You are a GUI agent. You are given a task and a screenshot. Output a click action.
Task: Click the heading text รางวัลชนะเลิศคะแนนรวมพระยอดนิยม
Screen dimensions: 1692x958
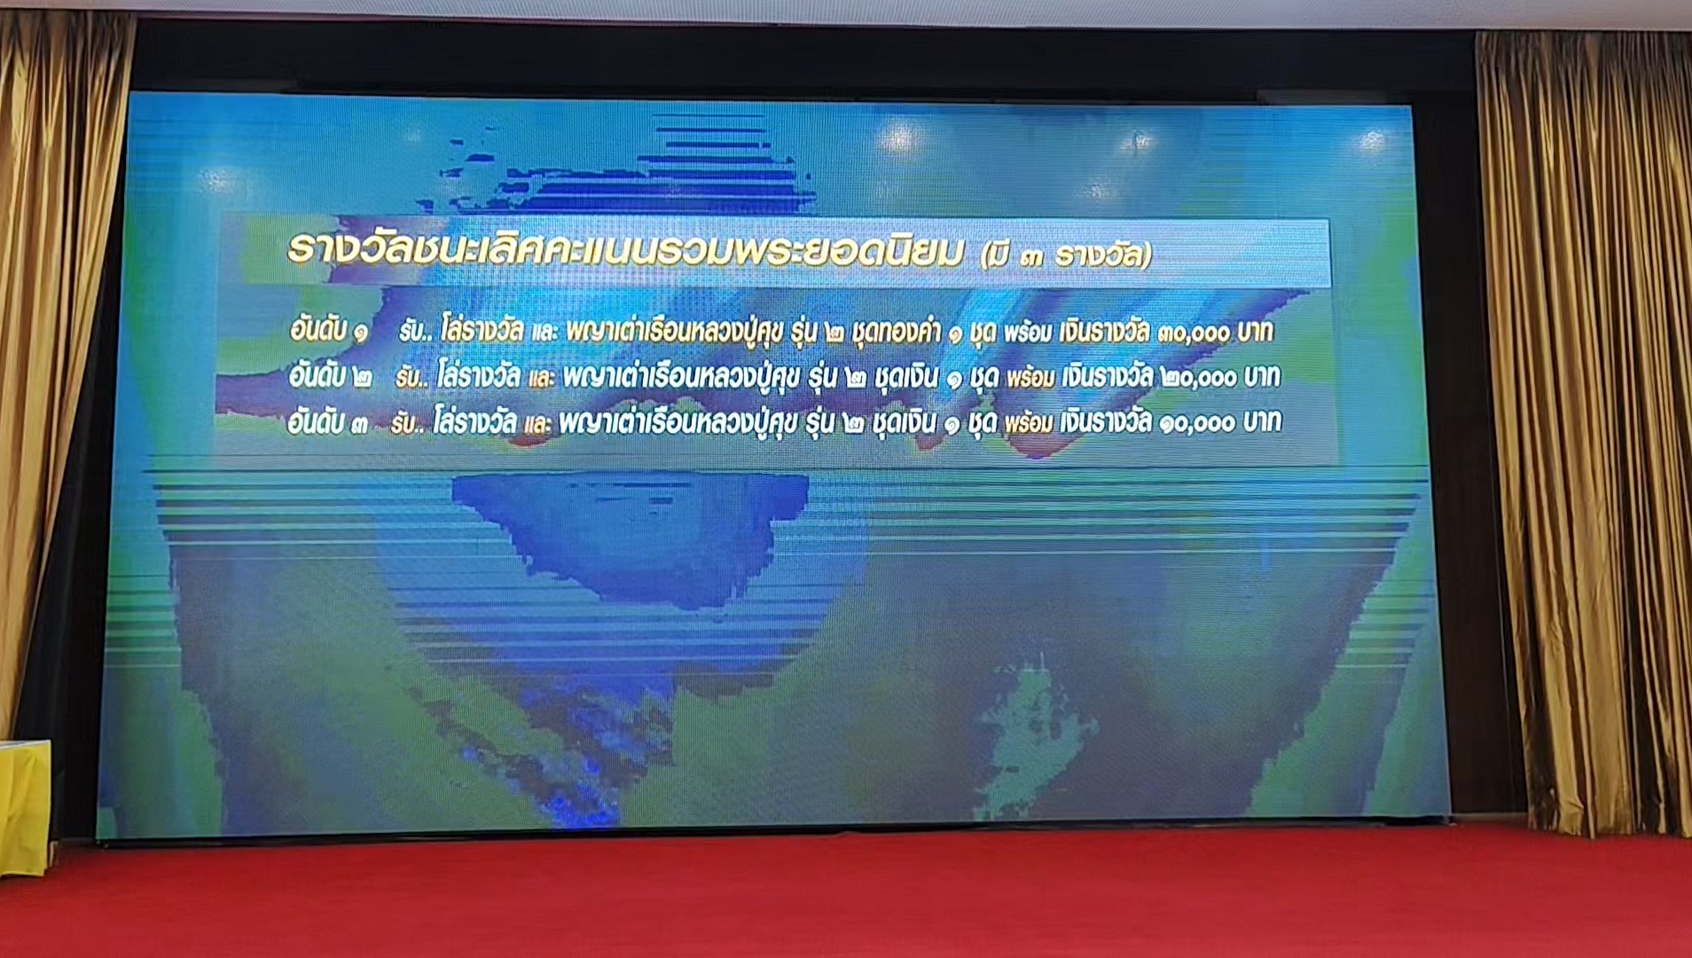point(625,252)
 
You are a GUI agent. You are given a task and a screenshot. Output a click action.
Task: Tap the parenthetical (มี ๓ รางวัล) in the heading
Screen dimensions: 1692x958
point(1067,255)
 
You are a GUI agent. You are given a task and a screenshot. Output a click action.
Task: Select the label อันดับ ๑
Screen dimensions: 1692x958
point(329,331)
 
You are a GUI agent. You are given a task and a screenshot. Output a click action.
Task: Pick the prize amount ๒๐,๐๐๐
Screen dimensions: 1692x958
point(1198,378)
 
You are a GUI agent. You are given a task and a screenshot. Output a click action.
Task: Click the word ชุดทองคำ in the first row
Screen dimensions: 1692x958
point(896,332)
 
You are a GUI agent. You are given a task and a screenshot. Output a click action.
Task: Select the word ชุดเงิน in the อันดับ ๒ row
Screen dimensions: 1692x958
point(905,377)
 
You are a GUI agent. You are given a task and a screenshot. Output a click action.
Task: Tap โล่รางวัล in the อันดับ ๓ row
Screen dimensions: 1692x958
point(474,421)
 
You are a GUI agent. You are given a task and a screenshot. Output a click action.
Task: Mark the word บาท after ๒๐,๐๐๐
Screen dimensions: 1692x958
point(1261,377)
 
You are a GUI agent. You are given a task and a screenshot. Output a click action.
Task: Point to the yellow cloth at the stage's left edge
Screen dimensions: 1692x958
point(24,807)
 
